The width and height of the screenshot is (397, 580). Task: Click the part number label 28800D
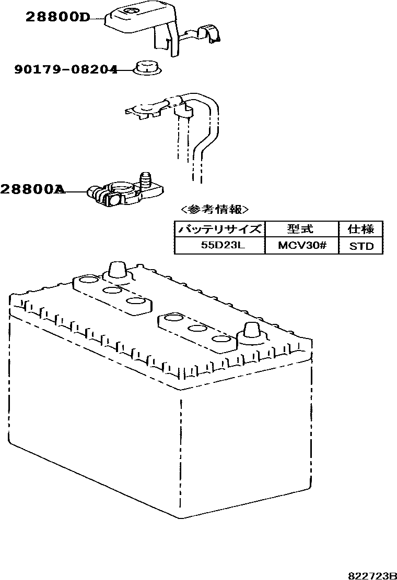(x=57, y=18)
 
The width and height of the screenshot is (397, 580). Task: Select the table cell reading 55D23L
(x=219, y=245)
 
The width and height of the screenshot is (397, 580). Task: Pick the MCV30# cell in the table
(x=301, y=245)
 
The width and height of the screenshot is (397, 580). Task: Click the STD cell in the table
(x=361, y=245)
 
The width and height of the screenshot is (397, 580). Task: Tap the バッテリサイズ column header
(x=219, y=229)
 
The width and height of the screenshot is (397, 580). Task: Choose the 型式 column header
(x=301, y=229)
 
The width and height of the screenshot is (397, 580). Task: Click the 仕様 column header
(x=361, y=229)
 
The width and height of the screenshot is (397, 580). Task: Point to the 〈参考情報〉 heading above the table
(x=214, y=210)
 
